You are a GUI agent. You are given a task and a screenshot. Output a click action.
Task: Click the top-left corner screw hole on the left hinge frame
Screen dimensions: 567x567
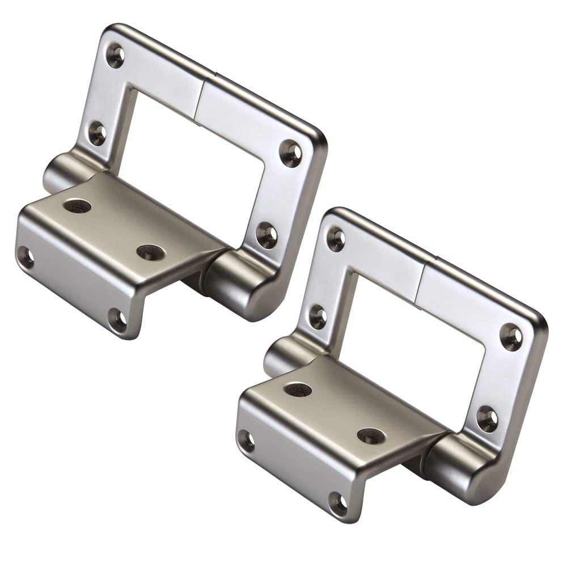tap(116, 54)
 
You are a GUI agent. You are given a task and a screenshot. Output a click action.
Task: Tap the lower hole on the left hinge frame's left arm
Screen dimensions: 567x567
tap(98, 134)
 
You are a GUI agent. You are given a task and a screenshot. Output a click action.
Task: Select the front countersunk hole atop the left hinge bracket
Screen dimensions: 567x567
tap(150, 252)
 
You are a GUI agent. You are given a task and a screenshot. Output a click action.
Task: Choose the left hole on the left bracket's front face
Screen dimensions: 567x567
tap(25, 257)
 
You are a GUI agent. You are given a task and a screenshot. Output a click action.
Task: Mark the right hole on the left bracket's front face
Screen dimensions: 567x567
tap(118, 319)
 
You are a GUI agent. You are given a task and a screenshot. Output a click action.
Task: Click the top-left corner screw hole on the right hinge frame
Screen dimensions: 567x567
tap(336, 239)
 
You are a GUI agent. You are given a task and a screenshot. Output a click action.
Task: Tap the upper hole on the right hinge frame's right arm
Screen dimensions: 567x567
tap(511, 337)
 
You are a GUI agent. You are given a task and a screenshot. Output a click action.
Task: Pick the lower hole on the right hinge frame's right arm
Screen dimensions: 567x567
tap(487, 418)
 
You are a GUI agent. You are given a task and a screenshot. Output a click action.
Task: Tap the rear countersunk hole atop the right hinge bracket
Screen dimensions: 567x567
tap(298, 390)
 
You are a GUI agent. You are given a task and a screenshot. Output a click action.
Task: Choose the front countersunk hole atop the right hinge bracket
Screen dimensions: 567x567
tap(371, 435)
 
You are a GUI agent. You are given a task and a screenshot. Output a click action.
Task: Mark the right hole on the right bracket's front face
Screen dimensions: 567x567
tap(338, 502)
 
